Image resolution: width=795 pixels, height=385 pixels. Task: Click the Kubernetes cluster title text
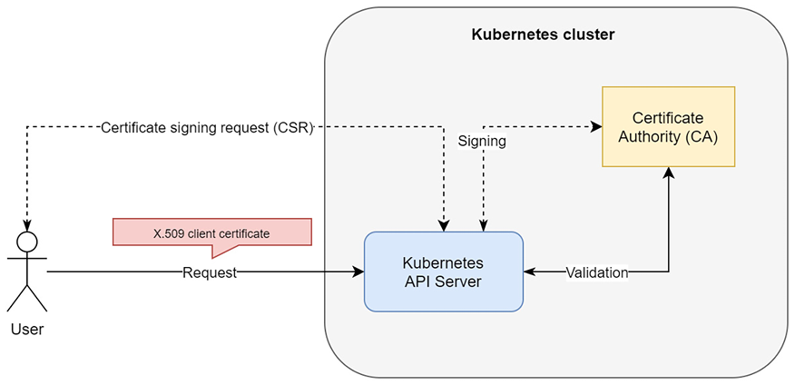(x=543, y=35)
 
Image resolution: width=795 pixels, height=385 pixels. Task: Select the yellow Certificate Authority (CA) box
(x=669, y=127)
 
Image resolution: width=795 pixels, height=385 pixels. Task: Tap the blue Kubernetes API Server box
(x=443, y=271)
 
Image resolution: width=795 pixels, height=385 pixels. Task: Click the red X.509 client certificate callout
(x=211, y=232)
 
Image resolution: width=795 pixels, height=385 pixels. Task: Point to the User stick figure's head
(x=27, y=242)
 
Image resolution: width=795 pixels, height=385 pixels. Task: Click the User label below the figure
(x=27, y=330)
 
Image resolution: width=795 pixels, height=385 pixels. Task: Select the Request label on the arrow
(x=210, y=272)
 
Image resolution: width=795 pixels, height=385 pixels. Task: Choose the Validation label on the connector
(x=596, y=272)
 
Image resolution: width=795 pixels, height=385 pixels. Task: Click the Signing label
(x=481, y=143)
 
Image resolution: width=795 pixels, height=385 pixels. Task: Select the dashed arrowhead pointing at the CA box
(x=597, y=126)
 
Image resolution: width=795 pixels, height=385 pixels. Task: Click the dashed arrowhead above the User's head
(x=27, y=226)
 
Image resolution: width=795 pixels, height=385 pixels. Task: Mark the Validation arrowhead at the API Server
(x=529, y=271)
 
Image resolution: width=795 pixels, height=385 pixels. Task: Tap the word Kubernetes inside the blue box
(x=443, y=262)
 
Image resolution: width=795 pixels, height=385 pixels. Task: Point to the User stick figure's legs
(x=27, y=298)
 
